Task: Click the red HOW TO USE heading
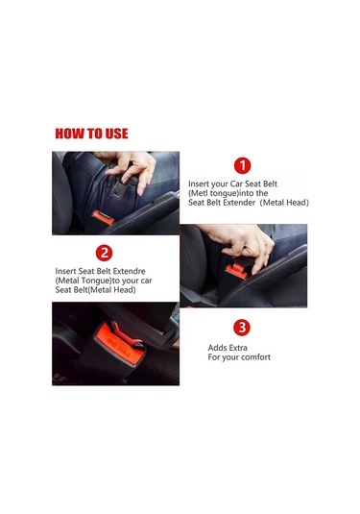(91, 134)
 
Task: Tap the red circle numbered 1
(243, 166)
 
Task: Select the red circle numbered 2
(104, 253)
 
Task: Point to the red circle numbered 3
(242, 328)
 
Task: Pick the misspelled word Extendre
(130, 271)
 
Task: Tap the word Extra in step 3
(236, 348)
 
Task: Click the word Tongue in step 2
(95, 281)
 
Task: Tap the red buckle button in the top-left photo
(103, 218)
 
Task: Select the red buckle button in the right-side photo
(236, 271)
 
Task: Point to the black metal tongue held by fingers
(119, 188)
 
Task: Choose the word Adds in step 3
(216, 348)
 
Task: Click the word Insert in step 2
(65, 271)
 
